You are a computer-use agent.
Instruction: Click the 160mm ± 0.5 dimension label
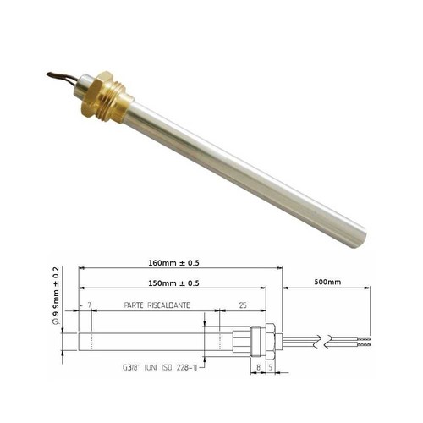tap(173, 263)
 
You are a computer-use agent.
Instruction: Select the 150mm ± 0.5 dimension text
tap(173, 283)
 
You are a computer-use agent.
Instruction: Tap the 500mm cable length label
tap(327, 282)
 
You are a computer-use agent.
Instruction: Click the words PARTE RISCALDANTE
tap(157, 305)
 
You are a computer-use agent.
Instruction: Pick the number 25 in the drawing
tap(243, 305)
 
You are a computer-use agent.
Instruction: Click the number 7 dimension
tap(90, 305)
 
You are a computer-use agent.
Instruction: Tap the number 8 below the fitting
tap(258, 367)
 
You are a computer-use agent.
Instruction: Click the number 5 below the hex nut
tap(271, 367)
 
